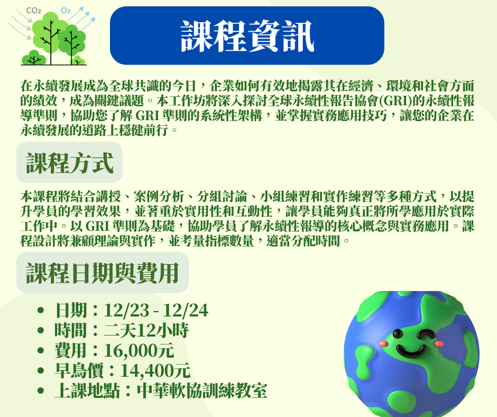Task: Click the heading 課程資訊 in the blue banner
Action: [x=247, y=36]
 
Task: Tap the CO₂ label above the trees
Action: [x=33, y=11]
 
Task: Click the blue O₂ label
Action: [x=65, y=11]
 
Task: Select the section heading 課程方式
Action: [x=69, y=163]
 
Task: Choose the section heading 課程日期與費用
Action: [x=103, y=273]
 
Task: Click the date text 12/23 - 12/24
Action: [x=156, y=311]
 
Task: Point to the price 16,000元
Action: [x=139, y=351]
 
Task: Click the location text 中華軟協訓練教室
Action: [x=202, y=391]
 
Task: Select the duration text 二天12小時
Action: [x=146, y=330]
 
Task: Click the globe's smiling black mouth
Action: [x=412, y=350]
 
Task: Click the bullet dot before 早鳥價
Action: [x=40, y=370]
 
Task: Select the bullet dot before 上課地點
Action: [x=40, y=391]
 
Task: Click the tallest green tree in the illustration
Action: [x=51, y=35]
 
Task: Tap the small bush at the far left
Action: [x=33, y=58]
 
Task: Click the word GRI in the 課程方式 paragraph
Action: [x=97, y=226]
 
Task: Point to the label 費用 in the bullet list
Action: [x=70, y=351]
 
